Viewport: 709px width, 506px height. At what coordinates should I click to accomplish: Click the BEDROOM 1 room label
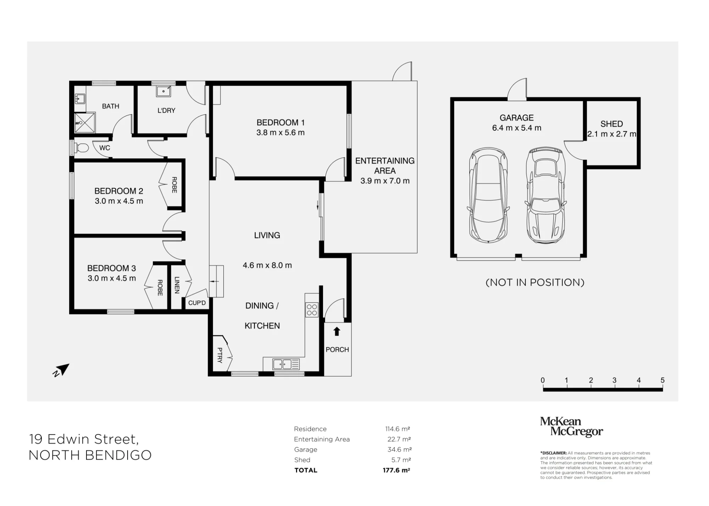point(280,123)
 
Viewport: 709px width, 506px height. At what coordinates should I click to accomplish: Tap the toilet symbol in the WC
point(80,148)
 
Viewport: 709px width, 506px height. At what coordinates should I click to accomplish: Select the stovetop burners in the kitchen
point(312,310)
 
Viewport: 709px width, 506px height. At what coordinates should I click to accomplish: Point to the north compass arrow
point(61,370)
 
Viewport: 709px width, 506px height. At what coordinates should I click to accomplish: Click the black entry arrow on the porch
point(337,331)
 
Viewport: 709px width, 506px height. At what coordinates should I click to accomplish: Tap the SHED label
point(612,124)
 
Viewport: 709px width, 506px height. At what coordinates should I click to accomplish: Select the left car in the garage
point(488,195)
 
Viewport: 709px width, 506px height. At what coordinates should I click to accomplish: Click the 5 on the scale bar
point(663,380)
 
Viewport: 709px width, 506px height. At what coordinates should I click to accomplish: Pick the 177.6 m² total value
point(396,470)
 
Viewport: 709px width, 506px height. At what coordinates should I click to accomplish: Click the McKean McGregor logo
point(571,427)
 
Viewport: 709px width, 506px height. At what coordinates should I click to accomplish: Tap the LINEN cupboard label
point(177,285)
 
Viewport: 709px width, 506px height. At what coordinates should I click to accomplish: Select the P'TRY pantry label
point(220,355)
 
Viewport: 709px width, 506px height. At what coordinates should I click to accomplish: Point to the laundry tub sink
point(163,91)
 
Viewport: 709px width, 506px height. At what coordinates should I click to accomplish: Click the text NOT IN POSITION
point(535,282)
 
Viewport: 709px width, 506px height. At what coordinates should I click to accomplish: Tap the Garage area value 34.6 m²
point(400,450)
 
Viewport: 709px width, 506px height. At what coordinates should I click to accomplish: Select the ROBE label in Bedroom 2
point(174,185)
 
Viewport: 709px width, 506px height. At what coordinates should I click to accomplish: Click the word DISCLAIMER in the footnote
point(553,453)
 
